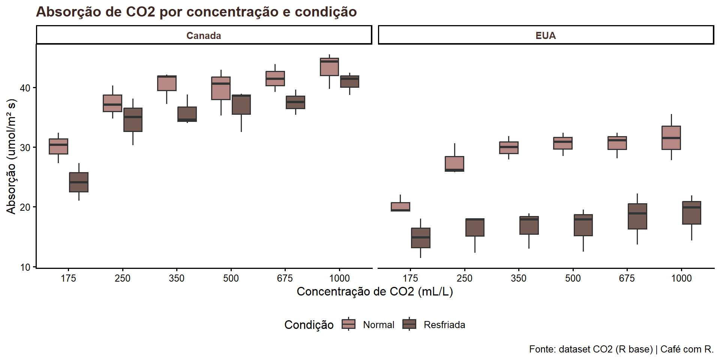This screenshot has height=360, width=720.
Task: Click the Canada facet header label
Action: click(x=204, y=36)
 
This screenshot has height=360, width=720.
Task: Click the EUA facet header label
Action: click(x=545, y=36)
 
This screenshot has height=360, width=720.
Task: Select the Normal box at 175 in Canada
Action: click(x=58, y=146)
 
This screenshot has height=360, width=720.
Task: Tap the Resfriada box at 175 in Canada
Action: click(x=79, y=182)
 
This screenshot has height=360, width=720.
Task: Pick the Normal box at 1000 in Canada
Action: click(x=329, y=67)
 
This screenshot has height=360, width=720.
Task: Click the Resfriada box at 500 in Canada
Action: click(x=241, y=105)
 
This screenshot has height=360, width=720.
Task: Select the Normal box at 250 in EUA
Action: click(x=454, y=164)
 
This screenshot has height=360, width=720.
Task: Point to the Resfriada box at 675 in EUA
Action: click(x=637, y=216)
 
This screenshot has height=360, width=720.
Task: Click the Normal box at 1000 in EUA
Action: click(x=671, y=138)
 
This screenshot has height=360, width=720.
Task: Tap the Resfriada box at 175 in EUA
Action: click(x=421, y=238)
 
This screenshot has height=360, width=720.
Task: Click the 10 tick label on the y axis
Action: click(x=25, y=267)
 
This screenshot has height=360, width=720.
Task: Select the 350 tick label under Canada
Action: click(x=177, y=278)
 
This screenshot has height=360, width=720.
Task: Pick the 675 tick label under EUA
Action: click(x=627, y=278)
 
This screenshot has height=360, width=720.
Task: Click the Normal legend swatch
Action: click(x=348, y=324)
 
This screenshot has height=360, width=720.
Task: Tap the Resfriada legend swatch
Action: click(x=409, y=324)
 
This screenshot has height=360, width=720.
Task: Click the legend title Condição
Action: click(x=309, y=325)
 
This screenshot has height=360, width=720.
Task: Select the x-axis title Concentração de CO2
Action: click(x=375, y=292)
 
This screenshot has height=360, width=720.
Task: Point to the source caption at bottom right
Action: click(x=621, y=349)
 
